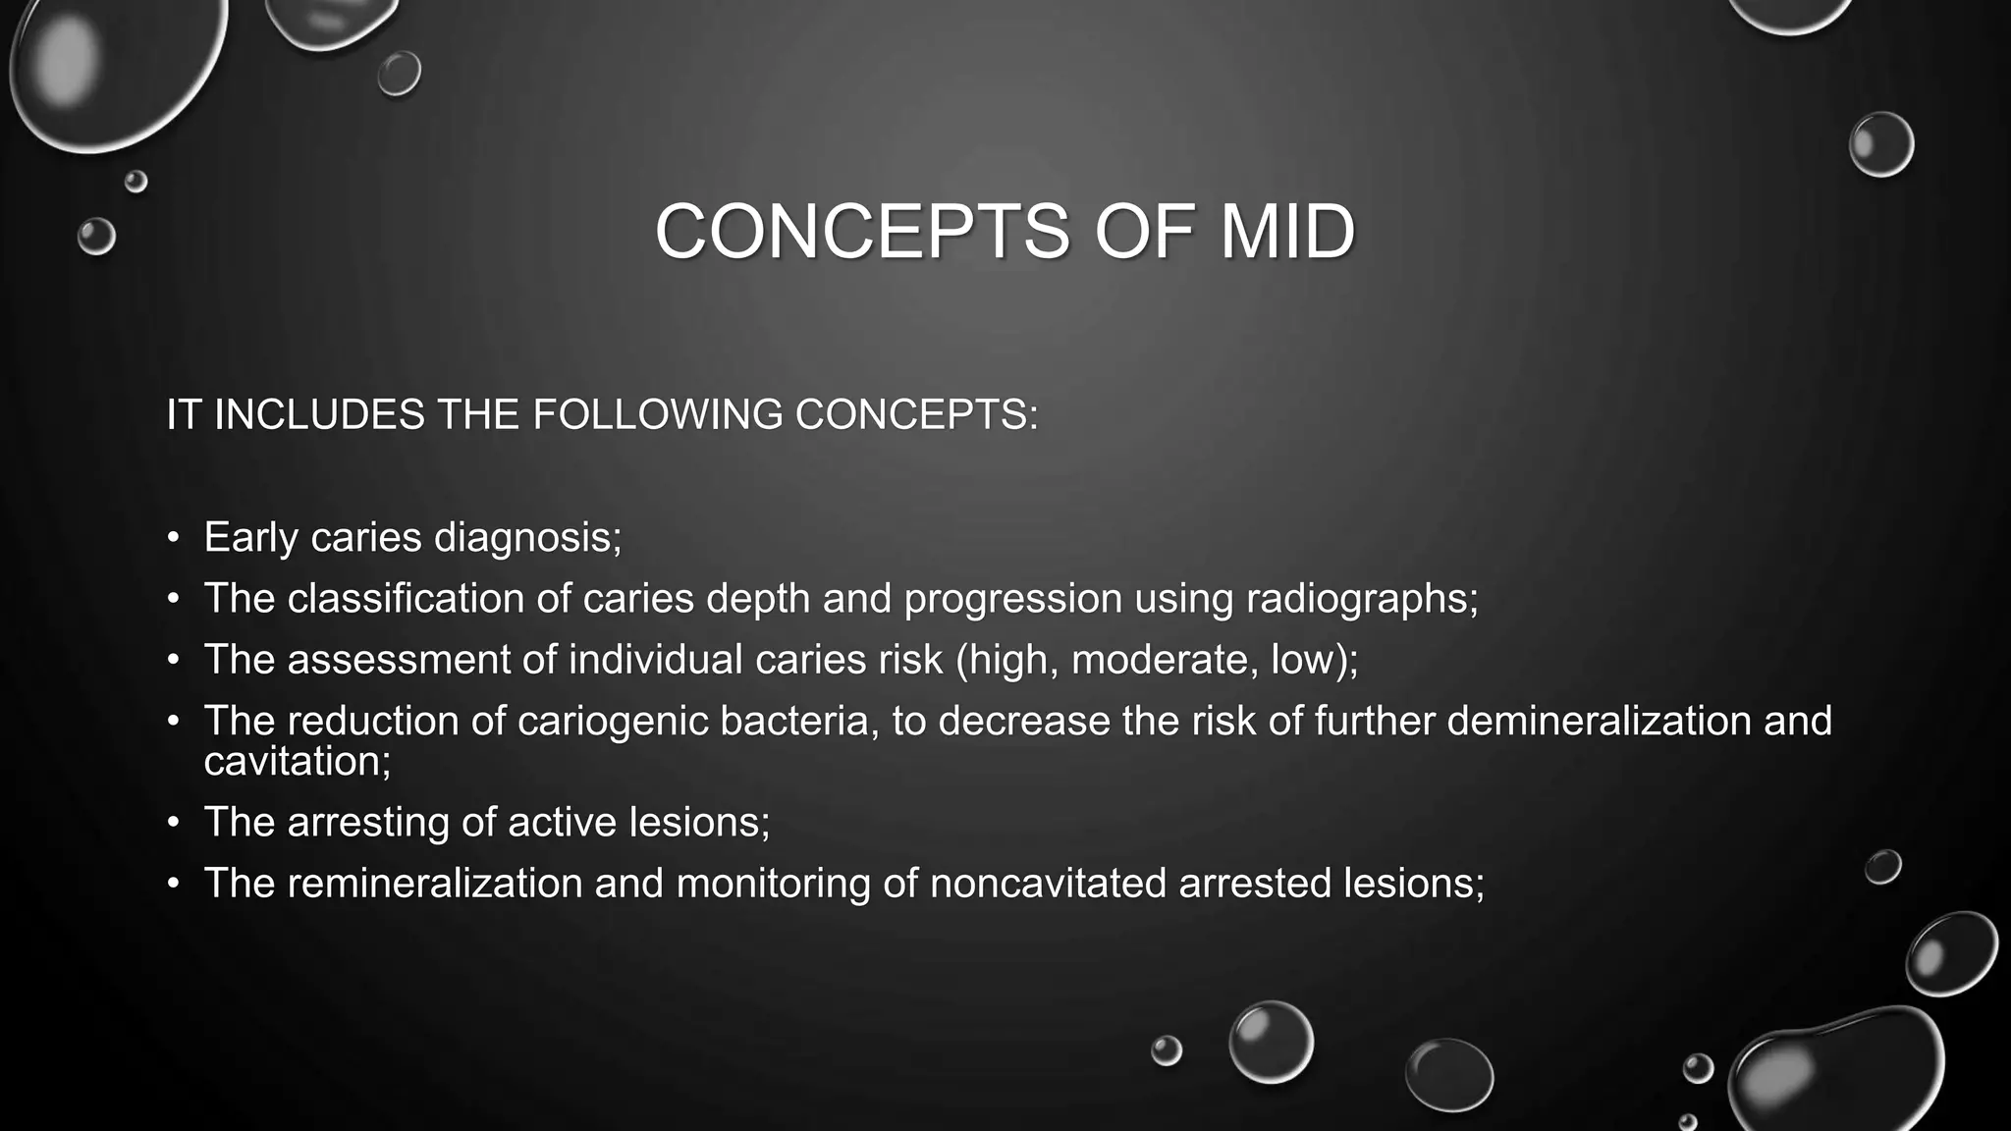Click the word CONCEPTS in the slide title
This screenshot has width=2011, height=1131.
(861, 232)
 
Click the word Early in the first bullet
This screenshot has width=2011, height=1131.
(250, 537)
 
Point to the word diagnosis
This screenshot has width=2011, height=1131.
(527, 537)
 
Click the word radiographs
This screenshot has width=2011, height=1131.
(1361, 599)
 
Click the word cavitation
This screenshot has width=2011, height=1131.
(297, 762)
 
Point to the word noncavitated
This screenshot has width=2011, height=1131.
(1048, 884)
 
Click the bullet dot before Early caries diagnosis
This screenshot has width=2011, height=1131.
(174, 538)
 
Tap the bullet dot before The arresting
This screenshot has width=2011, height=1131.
(174, 823)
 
